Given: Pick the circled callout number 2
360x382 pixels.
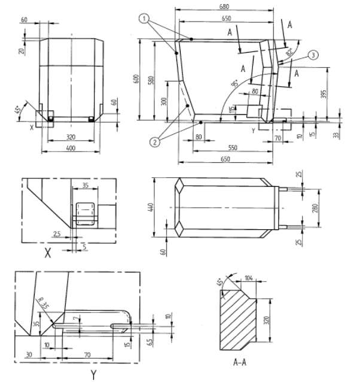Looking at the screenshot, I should pyautogui.click(x=154, y=142).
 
